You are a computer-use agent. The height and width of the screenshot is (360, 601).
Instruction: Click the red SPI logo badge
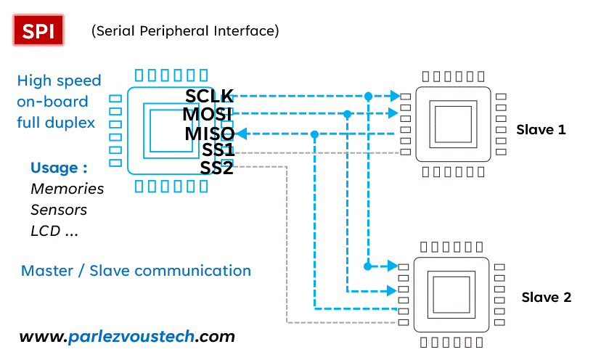click(x=38, y=31)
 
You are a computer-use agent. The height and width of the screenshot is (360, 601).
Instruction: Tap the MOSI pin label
click(x=208, y=115)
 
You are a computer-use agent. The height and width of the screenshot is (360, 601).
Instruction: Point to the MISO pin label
click(x=209, y=134)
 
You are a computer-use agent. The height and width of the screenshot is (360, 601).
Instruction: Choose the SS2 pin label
click(x=217, y=168)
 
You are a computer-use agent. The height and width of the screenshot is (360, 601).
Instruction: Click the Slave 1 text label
click(x=541, y=130)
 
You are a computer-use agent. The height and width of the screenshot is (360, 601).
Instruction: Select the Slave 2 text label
click(x=547, y=298)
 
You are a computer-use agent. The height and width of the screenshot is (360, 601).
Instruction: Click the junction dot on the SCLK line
click(x=369, y=96)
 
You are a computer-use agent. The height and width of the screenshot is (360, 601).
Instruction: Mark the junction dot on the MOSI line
click(x=348, y=114)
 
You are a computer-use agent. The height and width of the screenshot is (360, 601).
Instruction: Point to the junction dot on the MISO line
click(x=314, y=134)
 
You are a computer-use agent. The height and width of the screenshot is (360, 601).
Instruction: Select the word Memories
click(x=67, y=189)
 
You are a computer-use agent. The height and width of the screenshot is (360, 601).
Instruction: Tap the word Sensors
click(x=59, y=210)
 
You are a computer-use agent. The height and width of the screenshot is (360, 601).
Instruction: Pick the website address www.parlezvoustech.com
click(x=127, y=337)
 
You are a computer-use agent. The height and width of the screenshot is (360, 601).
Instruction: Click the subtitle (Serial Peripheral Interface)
click(x=185, y=31)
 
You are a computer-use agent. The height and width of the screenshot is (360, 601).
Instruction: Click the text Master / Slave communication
click(x=136, y=271)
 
